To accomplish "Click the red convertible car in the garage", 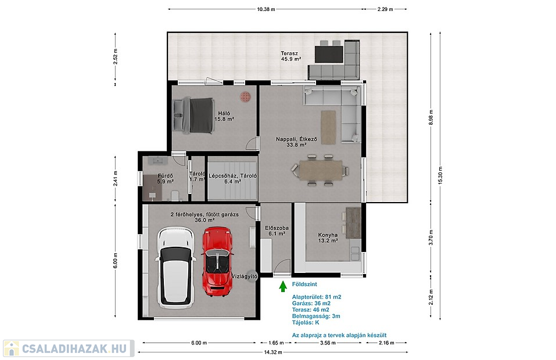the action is [217, 261].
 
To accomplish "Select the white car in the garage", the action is [175, 268].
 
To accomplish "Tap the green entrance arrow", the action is [282, 286].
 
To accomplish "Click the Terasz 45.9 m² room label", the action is [290, 56].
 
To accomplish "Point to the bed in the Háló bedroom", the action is [193, 116].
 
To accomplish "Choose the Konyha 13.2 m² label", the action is [328, 237].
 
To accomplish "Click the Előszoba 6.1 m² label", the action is [277, 231].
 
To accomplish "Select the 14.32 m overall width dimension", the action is [272, 352].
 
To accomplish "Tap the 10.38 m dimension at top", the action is [266, 9].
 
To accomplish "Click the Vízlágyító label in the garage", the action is [245, 276].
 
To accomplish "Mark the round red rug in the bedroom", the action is [245, 96].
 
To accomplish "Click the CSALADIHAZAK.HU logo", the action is [69, 348].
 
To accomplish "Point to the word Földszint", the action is [304, 284].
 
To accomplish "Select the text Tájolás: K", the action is [306, 322].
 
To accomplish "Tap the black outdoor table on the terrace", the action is [329, 54].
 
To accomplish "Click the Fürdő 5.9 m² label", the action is [165, 179].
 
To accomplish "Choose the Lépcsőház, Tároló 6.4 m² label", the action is [232, 179].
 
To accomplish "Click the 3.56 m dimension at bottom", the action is [328, 343].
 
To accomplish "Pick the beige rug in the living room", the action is [328, 127].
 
